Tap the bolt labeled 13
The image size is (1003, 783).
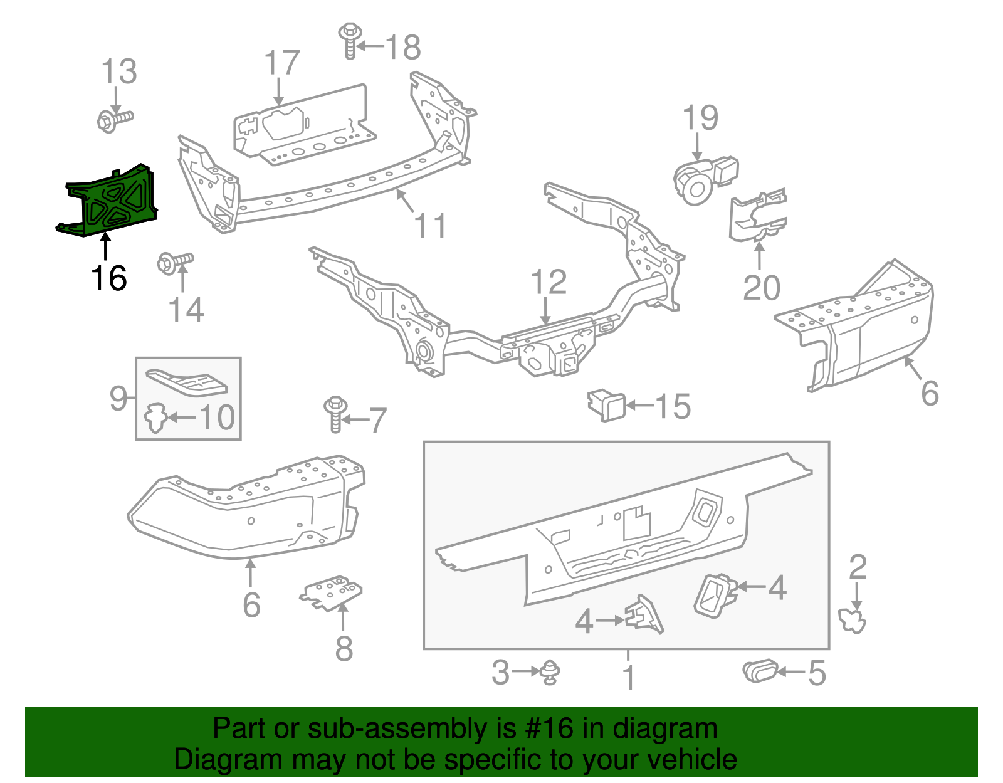click(115, 119)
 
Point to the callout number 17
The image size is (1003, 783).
click(281, 63)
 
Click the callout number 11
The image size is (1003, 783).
click(430, 226)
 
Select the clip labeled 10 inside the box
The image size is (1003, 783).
click(155, 418)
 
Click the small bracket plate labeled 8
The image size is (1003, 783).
click(332, 593)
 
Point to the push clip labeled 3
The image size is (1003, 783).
click(550, 672)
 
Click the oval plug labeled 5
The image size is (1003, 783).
click(760, 671)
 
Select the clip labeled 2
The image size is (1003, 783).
click(853, 621)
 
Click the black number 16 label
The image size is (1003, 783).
click(109, 278)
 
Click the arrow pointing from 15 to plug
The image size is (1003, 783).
click(639, 406)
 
